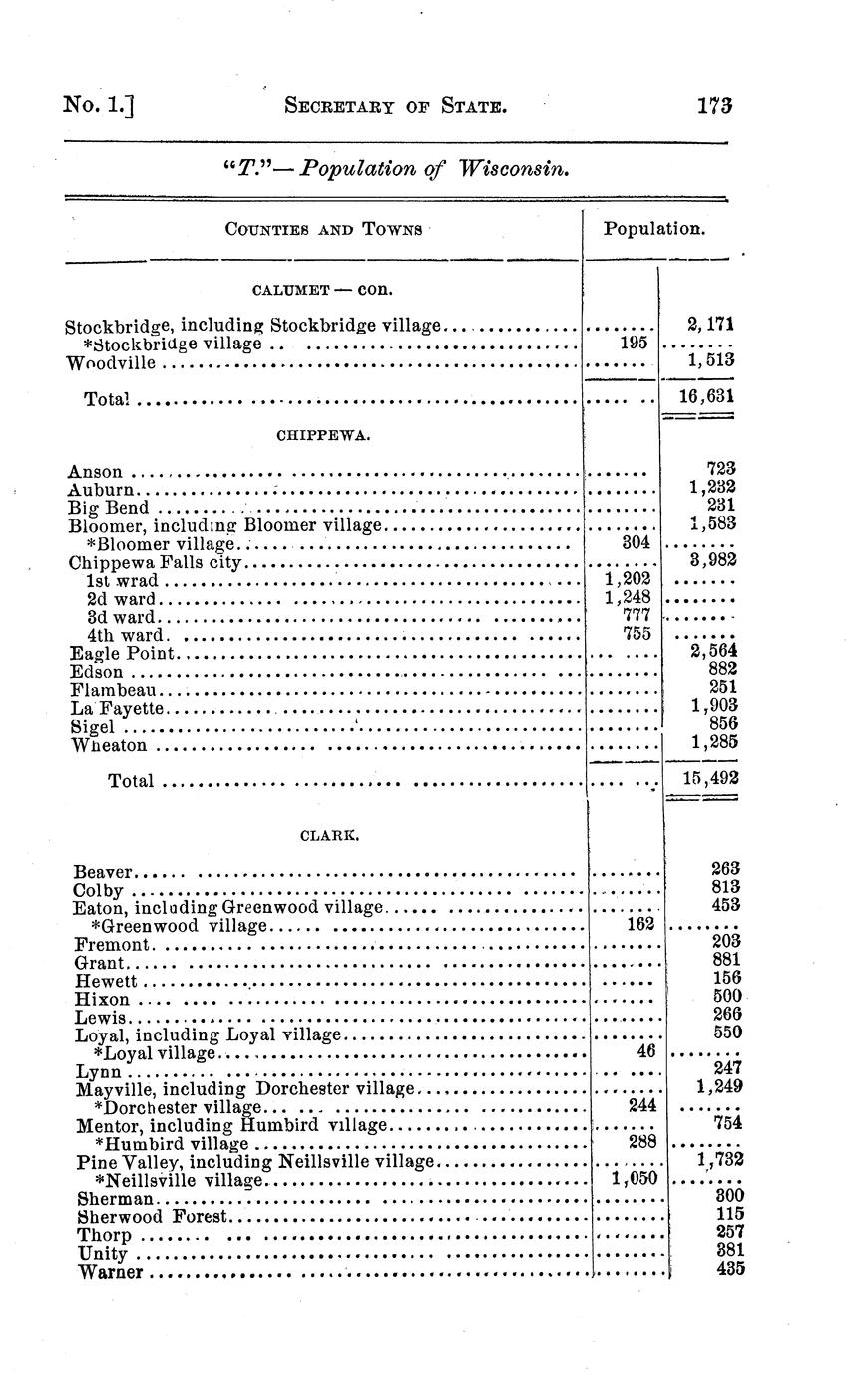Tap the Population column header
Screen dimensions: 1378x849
(654, 228)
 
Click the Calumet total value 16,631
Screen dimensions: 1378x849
(706, 395)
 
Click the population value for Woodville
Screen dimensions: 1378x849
(711, 360)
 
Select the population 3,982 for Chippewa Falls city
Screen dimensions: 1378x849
(712, 561)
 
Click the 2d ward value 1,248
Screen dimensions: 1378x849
(629, 597)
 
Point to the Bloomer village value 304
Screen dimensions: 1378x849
(636, 542)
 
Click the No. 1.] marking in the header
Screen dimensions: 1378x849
(98, 104)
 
